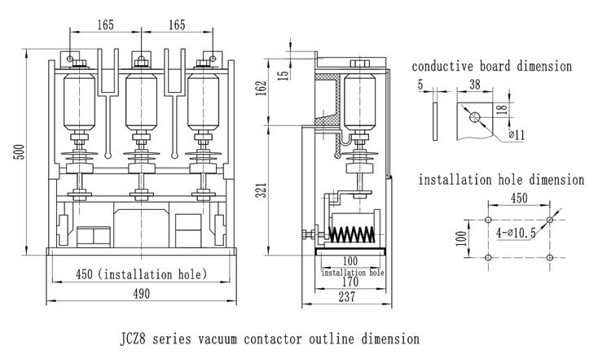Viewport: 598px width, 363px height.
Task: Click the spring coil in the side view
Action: [x=351, y=234]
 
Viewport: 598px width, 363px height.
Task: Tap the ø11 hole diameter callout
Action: [x=517, y=136]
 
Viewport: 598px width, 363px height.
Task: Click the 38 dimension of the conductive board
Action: [x=473, y=84]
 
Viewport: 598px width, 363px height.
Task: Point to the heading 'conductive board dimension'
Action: [x=491, y=65]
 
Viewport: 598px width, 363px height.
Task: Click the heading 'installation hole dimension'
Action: [x=501, y=179]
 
